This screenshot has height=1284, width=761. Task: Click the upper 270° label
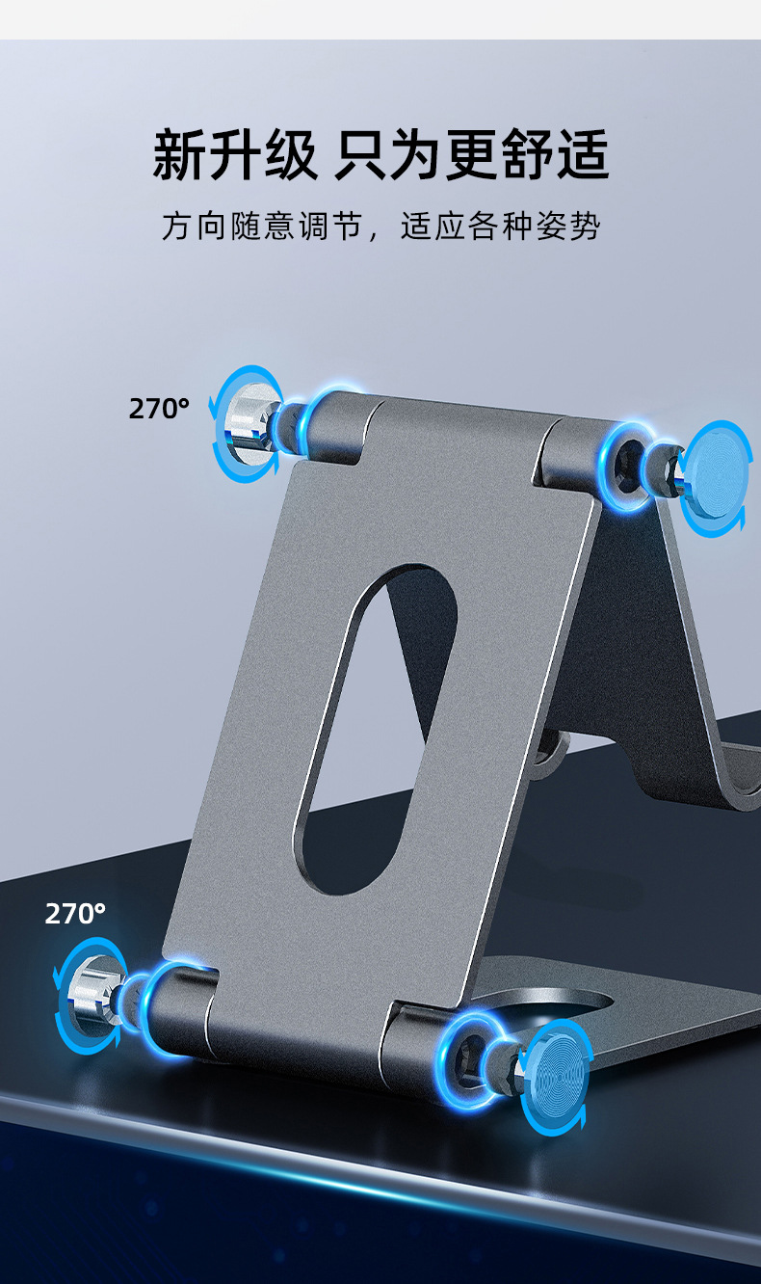159,408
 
